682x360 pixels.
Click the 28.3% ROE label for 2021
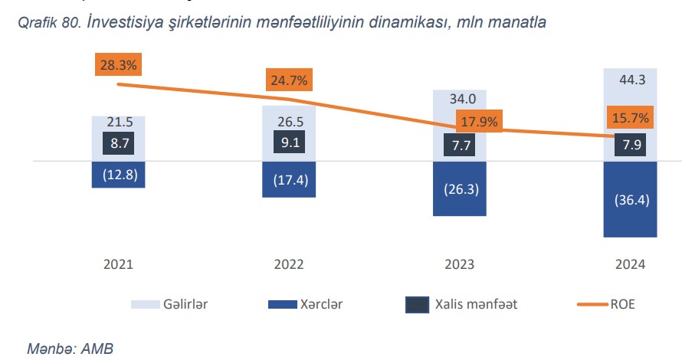tap(118, 65)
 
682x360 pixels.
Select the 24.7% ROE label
tap(289, 80)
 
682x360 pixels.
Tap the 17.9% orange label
tap(479, 121)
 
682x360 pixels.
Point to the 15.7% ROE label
tap(631, 118)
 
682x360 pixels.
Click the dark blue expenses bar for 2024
tap(630, 200)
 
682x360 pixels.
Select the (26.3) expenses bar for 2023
tap(460, 189)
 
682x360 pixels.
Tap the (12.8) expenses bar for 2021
tap(119, 175)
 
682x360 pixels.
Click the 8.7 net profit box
tap(119, 142)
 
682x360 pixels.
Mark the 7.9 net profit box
tap(631, 145)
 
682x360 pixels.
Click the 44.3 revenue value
tap(630, 79)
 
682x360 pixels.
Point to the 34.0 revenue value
tap(460, 99)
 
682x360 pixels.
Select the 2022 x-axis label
tap(289, 264)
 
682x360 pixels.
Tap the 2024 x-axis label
tap(630, 264)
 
